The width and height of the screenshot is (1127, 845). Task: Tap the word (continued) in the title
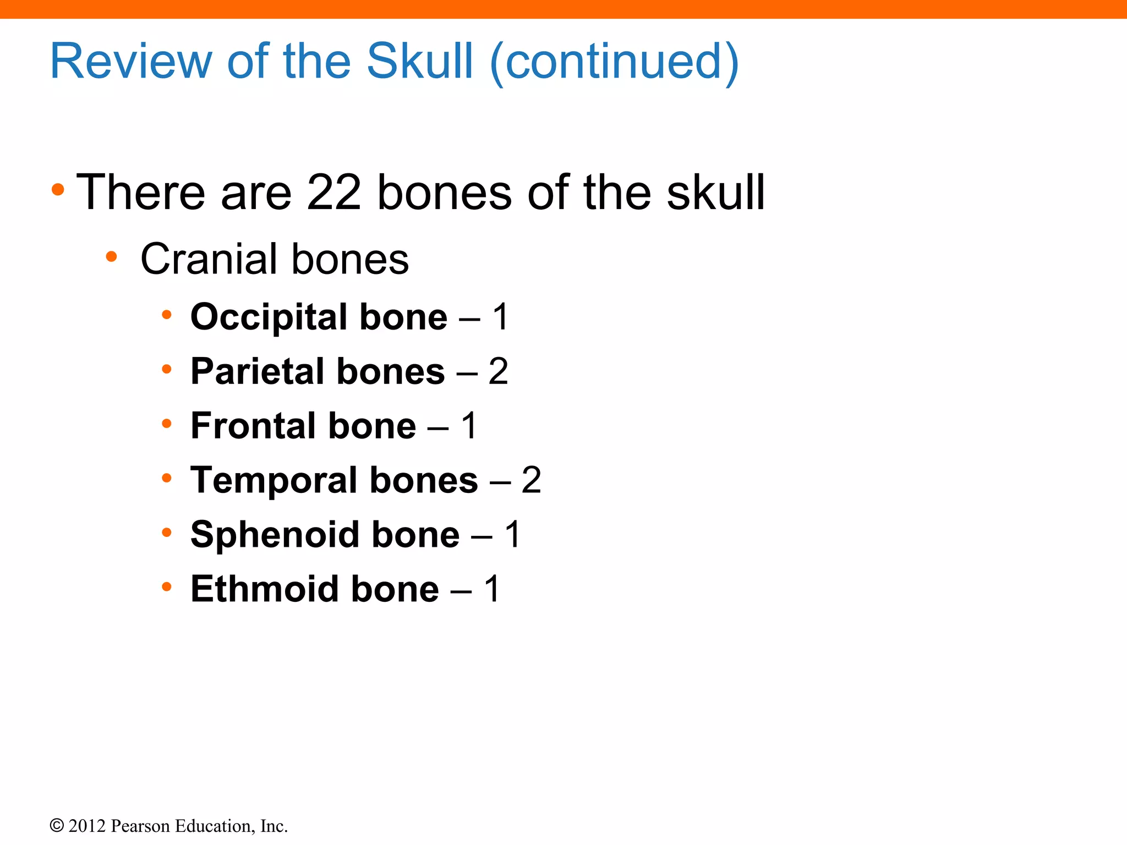614,62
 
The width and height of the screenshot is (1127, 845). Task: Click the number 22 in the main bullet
333,192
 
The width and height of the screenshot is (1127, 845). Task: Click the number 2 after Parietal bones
498,371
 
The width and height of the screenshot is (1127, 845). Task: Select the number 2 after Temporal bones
531,480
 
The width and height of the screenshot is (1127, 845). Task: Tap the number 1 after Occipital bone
500,317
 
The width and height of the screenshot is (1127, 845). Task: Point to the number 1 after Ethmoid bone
492,589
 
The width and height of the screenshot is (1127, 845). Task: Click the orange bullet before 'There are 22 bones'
58,190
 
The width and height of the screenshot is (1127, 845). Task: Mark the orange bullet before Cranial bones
112,256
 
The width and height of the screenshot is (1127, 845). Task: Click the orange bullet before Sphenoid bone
167,533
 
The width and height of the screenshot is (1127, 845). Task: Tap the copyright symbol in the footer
56,826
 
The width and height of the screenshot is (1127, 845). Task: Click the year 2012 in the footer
87,826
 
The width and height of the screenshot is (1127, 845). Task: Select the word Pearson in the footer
140,826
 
